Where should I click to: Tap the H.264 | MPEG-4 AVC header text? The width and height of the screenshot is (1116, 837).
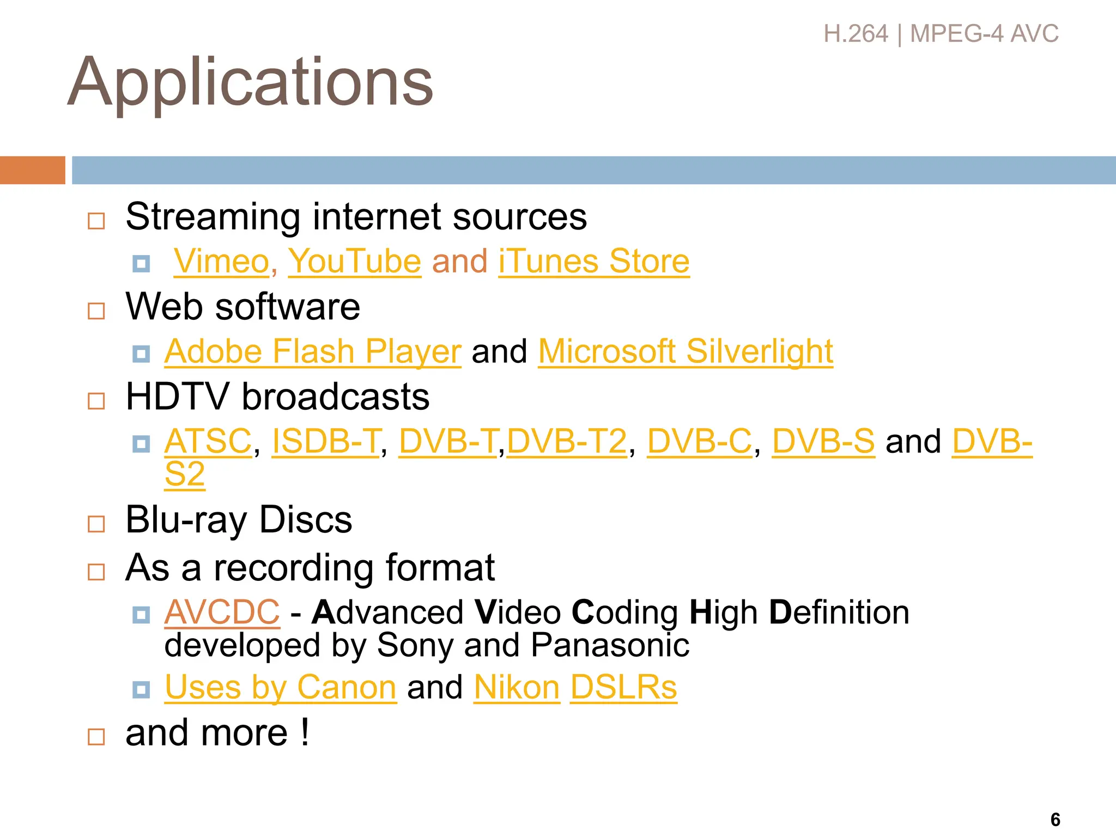(x=941, y=34)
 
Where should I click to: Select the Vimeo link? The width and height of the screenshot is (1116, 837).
(x=221, y=262)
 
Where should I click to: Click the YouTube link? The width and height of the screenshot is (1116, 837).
(x=354, y=262)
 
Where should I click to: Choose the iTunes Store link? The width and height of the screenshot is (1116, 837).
(x=593, y=262)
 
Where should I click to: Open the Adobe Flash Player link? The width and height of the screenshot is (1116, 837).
(x=313, y=351)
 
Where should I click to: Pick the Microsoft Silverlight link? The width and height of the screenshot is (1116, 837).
(x=686, y=351)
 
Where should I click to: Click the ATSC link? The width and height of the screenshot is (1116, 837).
(x=208, y=441)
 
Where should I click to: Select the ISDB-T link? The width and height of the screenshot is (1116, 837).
(x=325, y=441)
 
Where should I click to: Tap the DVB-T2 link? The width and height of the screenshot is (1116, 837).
(x=567, y=441)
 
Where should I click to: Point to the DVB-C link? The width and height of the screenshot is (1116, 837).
(x=699, y=441)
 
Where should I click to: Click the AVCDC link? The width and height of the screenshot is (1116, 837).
(x=222, y=612)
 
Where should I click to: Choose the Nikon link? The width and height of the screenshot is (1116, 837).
(x=517, y=687)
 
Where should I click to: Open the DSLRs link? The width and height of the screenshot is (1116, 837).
(x=623, y=687)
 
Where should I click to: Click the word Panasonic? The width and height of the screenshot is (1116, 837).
(x=610, y=646)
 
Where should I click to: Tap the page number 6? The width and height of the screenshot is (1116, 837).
(x=1055, y=820)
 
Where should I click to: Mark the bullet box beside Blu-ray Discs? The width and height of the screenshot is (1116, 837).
(x=96, y=524)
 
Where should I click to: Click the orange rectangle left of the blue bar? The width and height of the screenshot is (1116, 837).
(x=32, y=170)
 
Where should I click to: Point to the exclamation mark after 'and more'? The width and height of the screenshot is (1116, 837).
(x=305, y=732)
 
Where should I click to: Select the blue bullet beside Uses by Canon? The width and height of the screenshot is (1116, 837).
(x=141, y=690)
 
